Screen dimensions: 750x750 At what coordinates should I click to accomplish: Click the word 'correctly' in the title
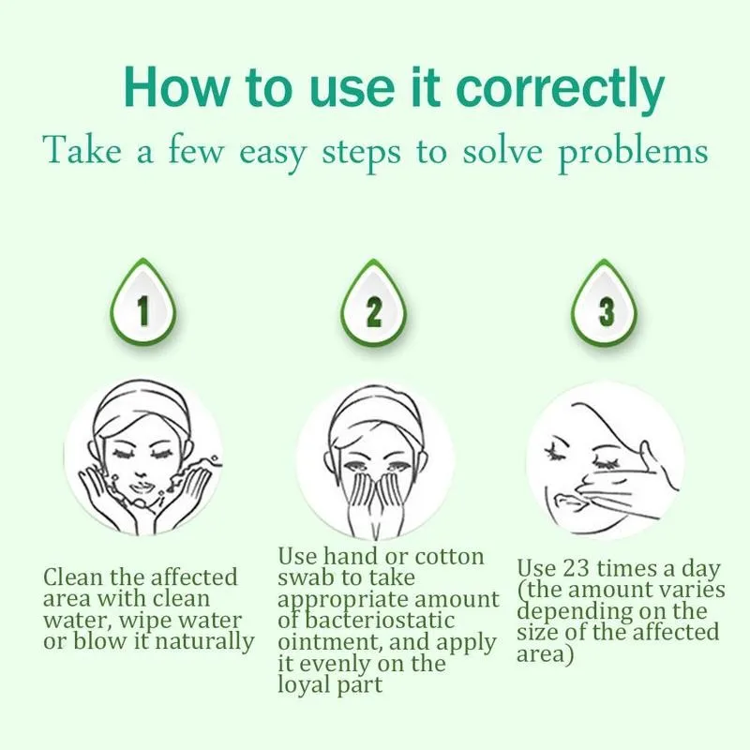[560, 89]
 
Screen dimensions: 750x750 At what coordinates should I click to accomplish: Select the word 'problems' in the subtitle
[633, 153]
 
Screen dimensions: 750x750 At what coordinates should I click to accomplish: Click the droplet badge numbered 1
[143, 304]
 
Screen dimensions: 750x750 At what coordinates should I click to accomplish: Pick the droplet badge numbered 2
[373, 304]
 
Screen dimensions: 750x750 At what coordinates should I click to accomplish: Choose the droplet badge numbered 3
[605, 304]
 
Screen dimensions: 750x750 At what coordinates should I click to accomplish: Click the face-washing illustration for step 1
[143, 457]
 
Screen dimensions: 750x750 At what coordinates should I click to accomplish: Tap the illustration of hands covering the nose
[375, 461]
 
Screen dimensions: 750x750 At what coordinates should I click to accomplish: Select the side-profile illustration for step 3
[606, 460]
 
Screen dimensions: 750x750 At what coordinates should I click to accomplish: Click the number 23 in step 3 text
[576, 568]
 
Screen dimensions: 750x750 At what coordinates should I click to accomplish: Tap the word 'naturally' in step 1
[204, 642]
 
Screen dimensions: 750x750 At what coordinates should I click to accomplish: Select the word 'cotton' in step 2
[449, 557]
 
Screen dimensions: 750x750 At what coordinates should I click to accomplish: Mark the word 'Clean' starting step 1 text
[73, 577]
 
